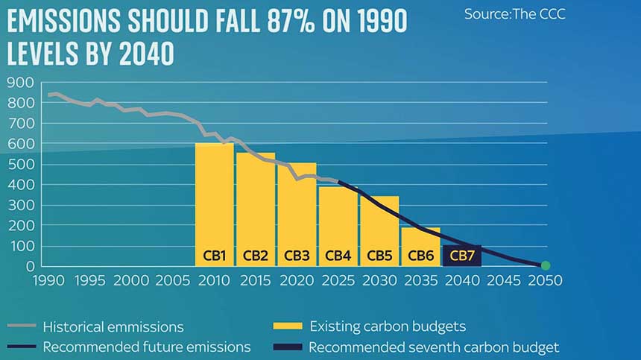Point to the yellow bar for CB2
point(255,201)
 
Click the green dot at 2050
point(545,265)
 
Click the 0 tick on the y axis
point(31,266)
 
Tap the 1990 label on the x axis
point(49,280)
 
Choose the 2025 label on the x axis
point(339,280)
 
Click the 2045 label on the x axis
point(505,280)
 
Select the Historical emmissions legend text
point(113,326)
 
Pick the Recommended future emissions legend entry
point(146,347)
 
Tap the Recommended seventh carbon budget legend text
point(434,347)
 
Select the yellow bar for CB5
point(379,224)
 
